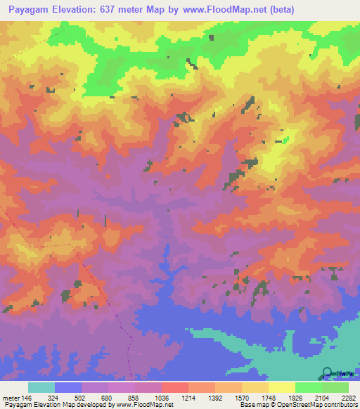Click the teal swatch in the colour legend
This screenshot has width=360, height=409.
click(41, 388)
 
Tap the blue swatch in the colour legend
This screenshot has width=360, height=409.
click(68, 388)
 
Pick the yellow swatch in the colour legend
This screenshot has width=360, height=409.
click(282, 388)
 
